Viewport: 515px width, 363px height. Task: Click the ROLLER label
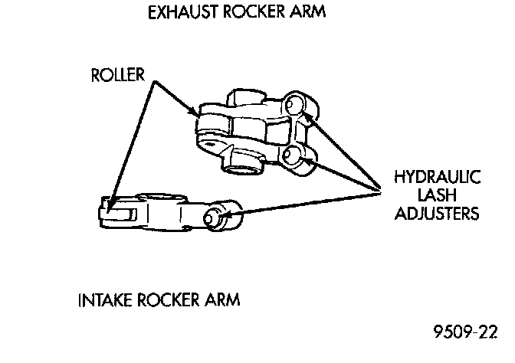119,76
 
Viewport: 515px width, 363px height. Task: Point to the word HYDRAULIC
437,178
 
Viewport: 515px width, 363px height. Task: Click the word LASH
437,195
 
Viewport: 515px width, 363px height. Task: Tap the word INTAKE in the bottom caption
107,299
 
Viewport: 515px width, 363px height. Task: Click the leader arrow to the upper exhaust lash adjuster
341,149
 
